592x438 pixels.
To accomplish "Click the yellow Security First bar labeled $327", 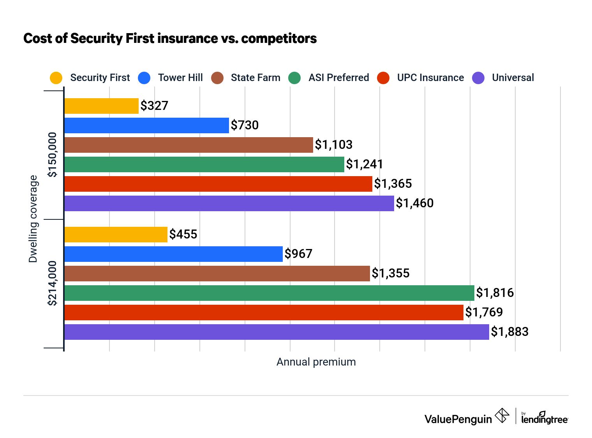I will (101, 106).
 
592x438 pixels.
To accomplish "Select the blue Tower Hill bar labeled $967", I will (173, 254).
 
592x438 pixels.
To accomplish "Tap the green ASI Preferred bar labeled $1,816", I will (269, 293).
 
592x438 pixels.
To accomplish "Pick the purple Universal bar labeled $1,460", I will (229, 203).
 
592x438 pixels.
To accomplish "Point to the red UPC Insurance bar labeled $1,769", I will (264, 313).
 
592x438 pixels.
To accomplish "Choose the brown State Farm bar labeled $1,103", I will (189, 145).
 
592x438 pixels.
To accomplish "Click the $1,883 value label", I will (509, 332).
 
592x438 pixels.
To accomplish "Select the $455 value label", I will (183, 234).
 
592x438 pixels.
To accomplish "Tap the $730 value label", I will (245, 125).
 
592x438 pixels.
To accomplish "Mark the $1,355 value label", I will (390, 273).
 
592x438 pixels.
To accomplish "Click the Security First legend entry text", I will (100, 78).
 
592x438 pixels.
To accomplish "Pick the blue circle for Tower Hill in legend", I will (144, 78).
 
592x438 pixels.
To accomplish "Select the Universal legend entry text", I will (513, 78).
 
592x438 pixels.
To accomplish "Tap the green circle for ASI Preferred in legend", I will (295, 78).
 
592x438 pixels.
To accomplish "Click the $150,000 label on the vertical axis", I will (52, 155).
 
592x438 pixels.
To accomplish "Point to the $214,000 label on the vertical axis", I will (52, 283).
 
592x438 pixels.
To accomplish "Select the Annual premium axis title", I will (316, 362).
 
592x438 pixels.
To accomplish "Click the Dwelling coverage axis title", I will (33, 219).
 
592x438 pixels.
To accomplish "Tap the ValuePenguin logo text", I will (458, 419).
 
